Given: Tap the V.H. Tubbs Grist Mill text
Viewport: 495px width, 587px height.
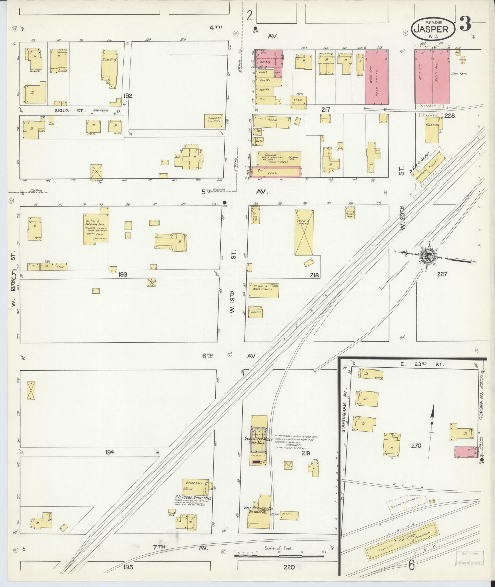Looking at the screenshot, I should click(193, 498).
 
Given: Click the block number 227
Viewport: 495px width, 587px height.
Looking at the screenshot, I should click(442, 274).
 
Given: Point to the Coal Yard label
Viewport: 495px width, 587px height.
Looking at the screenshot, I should click(459, 74).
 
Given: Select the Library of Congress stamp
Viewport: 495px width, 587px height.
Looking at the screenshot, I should click(469, 558).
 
